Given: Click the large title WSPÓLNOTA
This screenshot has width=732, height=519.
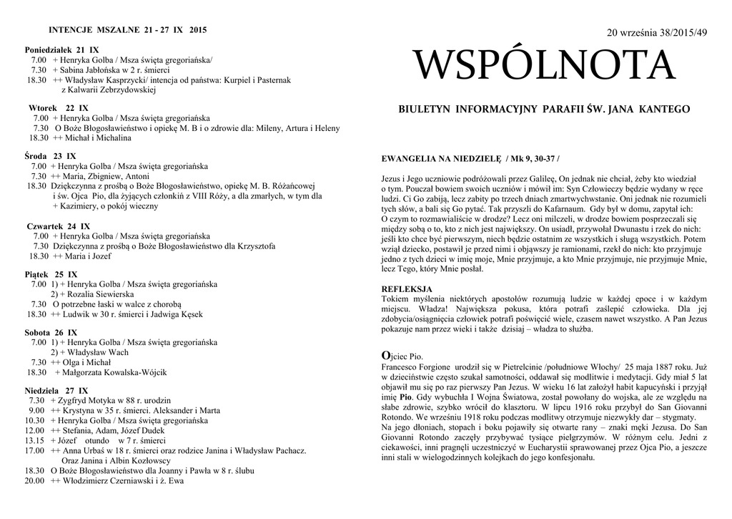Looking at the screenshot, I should (545, 67).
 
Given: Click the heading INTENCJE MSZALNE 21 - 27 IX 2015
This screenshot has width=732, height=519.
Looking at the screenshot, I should (127, 30).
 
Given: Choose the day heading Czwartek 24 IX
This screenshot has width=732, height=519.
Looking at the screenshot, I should (58, 225).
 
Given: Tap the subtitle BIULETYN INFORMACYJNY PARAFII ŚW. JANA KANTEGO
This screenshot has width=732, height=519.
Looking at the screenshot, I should (544, 109).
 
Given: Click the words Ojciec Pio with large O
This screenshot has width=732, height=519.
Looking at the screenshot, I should (404, 356).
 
